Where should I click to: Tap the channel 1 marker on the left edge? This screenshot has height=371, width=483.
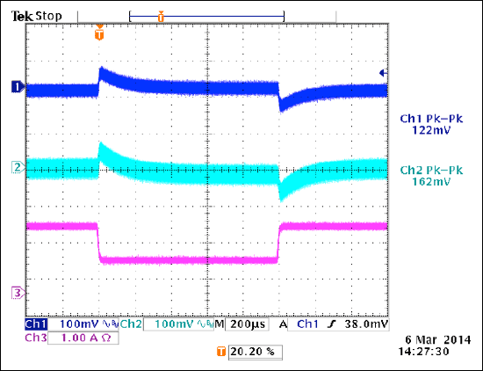click(x=16, y=86)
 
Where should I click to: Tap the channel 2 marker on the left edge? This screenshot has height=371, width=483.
click(x=16, y=166)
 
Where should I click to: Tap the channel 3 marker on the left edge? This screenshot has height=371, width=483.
click(x=16, y=292)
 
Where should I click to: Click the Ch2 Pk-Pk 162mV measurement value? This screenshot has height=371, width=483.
click(x=430, y=182)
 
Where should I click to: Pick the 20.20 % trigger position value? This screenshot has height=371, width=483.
click(x=253, y=352)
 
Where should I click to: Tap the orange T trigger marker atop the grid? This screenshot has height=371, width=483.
click(x=99, y=36)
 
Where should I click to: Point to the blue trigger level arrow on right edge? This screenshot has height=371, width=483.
click(x=382, y=73)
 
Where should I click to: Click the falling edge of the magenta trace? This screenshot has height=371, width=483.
click(x=97, y=243)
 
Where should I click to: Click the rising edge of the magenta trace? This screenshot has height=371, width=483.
click(x=278, y=243)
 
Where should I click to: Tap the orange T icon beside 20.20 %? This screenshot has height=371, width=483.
click(x=220, y=352)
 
